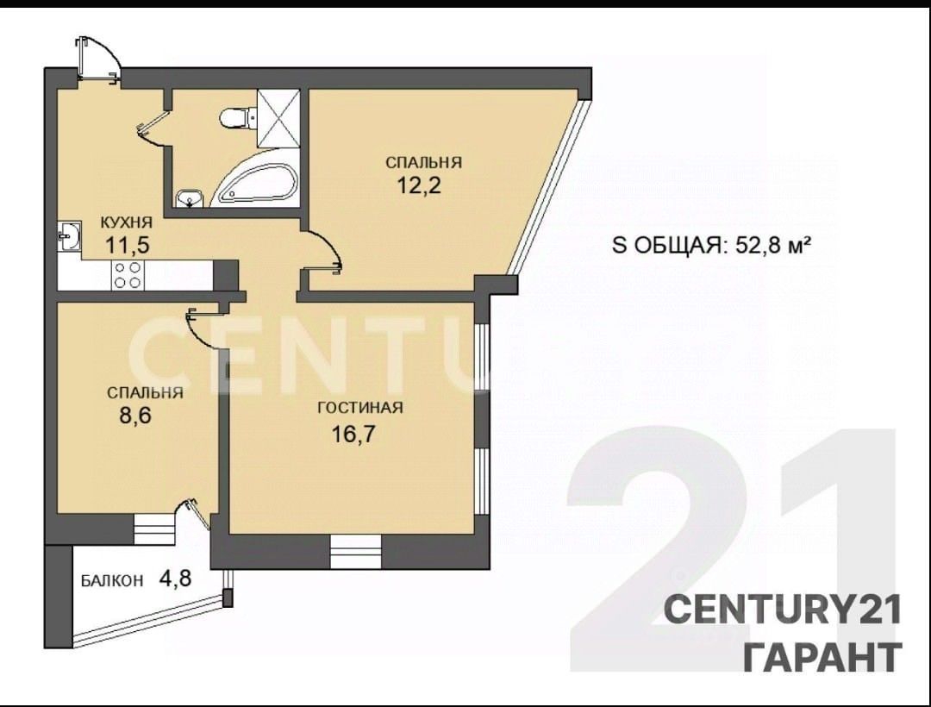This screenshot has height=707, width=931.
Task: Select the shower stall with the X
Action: (278, 118)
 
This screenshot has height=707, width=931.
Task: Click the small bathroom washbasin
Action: (190, 198)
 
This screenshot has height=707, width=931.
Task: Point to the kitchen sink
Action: (70, 237)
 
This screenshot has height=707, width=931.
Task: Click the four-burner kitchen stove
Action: (128, 275)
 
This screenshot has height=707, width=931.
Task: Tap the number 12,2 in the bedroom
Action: (419, 185)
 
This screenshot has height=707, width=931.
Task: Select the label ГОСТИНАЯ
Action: (360, 408)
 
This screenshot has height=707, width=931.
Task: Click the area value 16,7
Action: (354, 435)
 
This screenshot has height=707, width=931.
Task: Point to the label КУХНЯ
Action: (127, 222)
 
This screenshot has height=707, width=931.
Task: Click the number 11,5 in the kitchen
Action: (127, 244)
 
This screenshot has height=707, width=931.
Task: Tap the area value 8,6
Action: (136, 415)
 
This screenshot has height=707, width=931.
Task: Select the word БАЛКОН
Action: (112, 580)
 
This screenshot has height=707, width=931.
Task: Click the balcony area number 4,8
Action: (175, 578)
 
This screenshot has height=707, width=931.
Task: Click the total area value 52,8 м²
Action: (773, 244)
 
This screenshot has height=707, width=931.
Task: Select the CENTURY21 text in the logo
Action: (783, 610)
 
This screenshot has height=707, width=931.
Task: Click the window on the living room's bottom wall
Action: (355, 552)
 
